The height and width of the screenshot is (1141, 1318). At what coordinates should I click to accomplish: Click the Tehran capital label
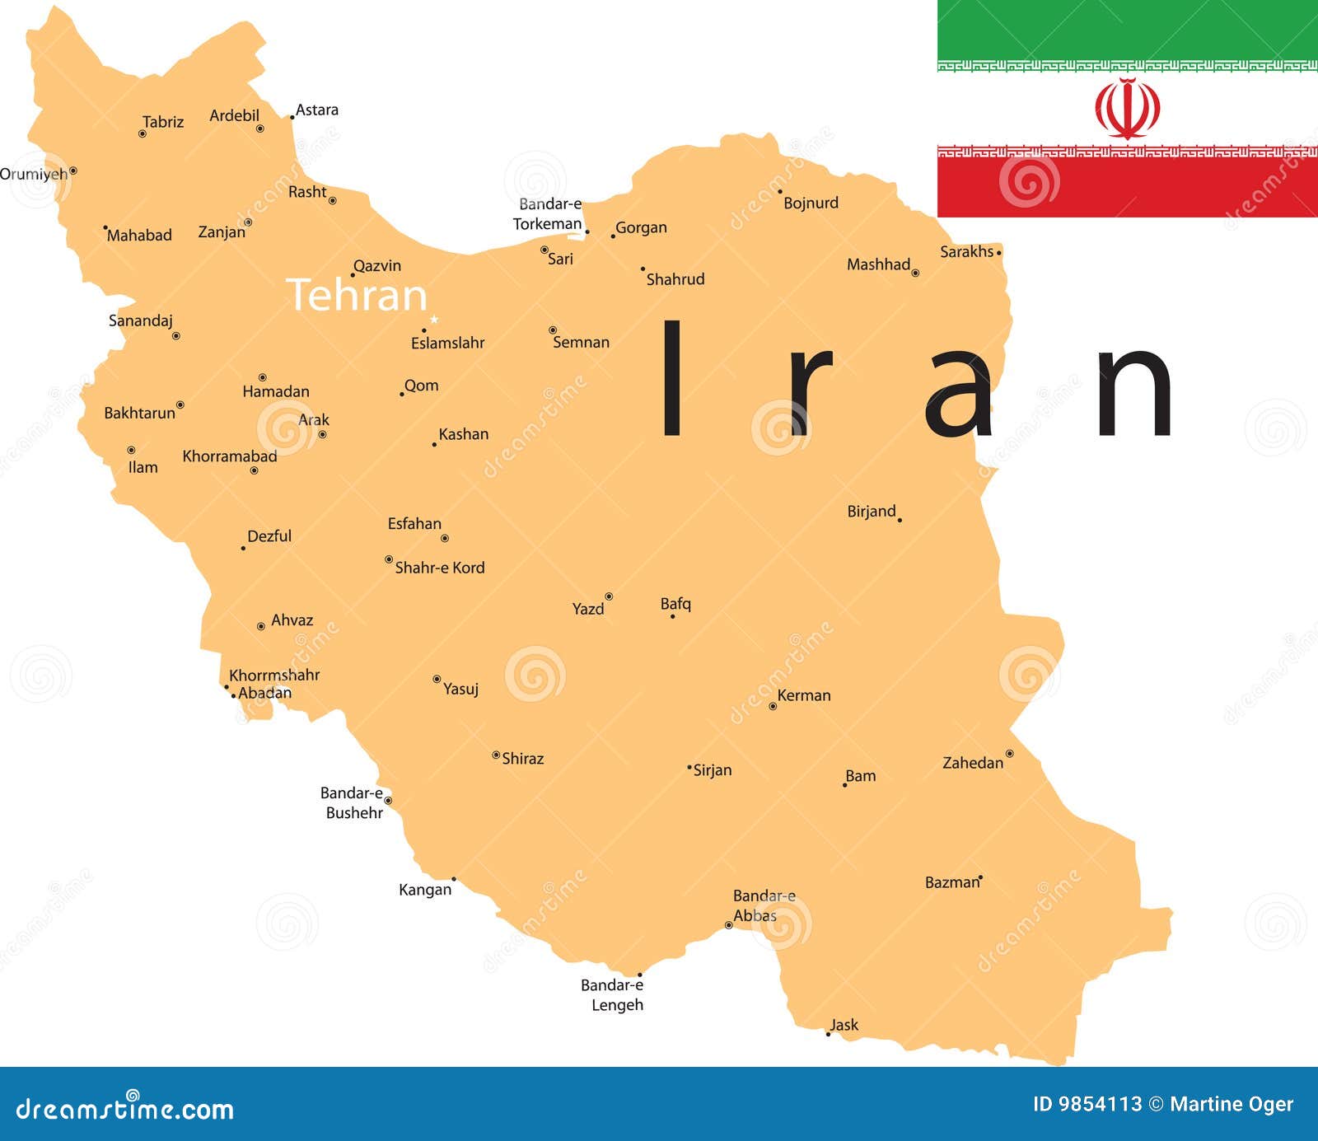357,295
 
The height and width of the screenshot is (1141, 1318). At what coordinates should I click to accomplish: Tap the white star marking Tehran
434,320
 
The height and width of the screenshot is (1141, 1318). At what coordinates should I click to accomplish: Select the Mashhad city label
878,264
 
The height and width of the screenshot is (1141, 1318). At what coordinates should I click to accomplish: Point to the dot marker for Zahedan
1009,754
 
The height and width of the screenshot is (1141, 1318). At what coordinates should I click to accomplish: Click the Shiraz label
523,759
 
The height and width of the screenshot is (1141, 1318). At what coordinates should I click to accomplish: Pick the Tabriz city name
163,122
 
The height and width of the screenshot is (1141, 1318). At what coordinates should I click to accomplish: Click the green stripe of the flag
1127,30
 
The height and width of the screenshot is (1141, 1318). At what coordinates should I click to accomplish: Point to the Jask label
844,1025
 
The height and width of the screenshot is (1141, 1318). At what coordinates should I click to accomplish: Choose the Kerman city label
804,695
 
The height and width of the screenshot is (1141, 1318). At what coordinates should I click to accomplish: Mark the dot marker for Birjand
900,520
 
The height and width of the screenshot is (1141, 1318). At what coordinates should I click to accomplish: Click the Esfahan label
414,524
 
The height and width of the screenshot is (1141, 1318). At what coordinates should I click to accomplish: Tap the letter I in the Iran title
672,378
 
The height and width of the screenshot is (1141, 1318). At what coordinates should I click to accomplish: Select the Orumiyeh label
34,175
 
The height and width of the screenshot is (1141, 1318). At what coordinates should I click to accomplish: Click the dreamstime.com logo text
124,1110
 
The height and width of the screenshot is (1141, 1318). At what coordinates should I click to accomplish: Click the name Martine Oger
1232,1105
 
